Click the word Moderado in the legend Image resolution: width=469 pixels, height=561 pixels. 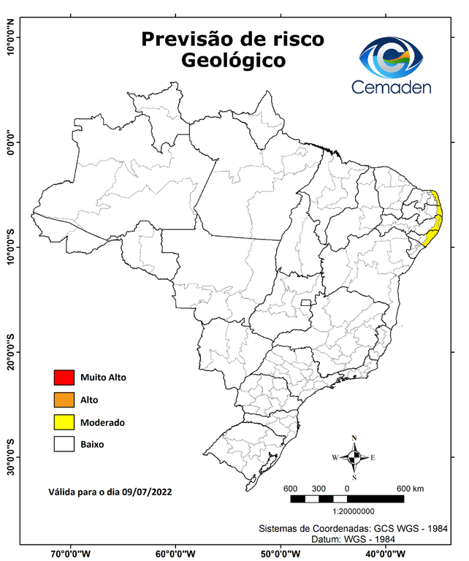[102, 422]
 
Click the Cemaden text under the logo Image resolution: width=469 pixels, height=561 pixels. [392, 87]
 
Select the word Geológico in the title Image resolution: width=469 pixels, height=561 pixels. [233, 61]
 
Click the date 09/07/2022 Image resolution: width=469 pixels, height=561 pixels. [148, 492]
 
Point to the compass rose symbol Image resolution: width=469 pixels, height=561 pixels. [354, 457]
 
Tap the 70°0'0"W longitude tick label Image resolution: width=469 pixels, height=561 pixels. [71, 553]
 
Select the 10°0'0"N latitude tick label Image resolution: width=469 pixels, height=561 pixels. [9, 37]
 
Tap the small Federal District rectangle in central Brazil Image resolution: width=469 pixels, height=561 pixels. [305, 302]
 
